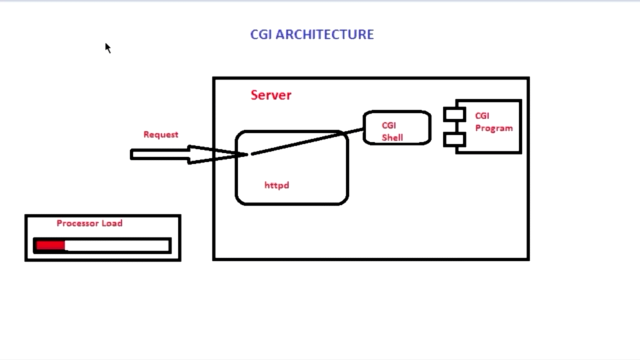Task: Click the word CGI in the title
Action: pyautogui.click(x=261, y=34)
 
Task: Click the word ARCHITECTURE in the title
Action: pyautogui.click(x=324, y=34)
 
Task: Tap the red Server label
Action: pyautogui.click(x=270, y=95)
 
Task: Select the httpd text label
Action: pyautogui.click(x=276, y=185)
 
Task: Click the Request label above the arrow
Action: pyautogui.click(x=160, y=134)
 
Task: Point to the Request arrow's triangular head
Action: pyautogui.click(x=210, y=154)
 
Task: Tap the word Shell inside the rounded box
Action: pyautogui.click(x=392, y=137)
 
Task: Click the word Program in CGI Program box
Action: pyautogui.click(x=493, y=128)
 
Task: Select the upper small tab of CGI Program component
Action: pyautogui.click(x=454, y=114)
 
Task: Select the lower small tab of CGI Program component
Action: pyautogui.click(x=454, y=139)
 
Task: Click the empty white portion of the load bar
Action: pyautogui.click(x=117, y=245)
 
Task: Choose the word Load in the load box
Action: pyautogui.click(x=112, y=223)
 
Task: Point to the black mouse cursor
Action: pyautogui.click(x=107, y=47)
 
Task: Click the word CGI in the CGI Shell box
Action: pyautogui.click(x=388, y=125)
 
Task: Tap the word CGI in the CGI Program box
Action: pyautogui.click(x=482, y=116)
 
